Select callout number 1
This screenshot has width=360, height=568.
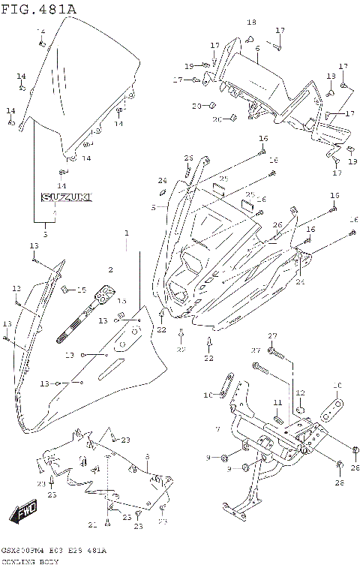127,233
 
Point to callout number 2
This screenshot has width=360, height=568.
110,269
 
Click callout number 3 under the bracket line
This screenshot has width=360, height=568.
44,236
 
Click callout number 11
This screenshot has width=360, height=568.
277,403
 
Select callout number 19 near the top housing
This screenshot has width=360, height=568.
189,65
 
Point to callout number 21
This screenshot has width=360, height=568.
92,523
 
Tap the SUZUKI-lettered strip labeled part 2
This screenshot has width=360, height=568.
86,311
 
